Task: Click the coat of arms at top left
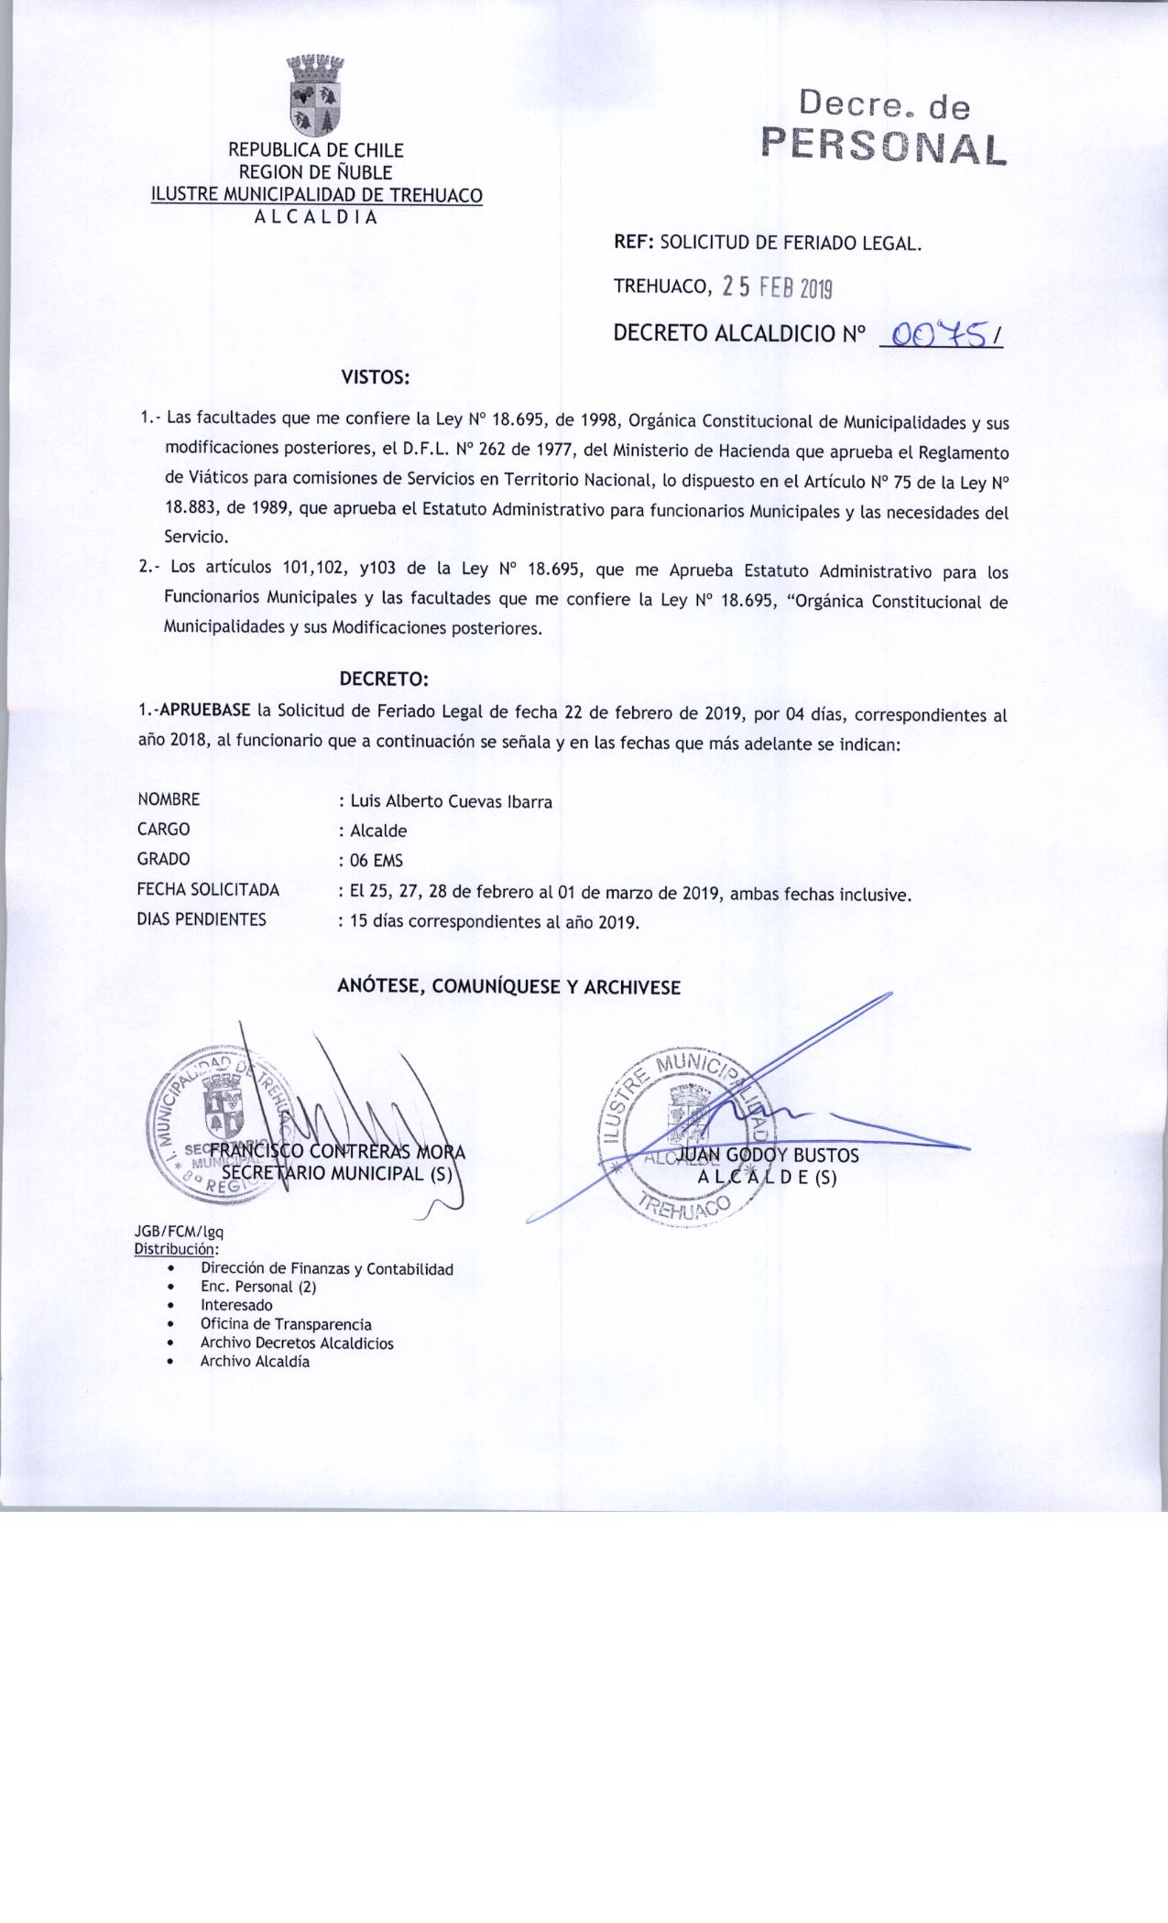(x=315, y=96)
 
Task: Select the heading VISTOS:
(x=375, y=376)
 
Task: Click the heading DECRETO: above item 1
(x=384, y=679)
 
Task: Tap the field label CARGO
(x=164, y=830)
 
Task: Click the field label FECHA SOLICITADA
(x=208, y=889)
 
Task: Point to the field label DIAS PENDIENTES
(x=202, y=919)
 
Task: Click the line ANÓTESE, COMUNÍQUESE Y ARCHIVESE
(x=509, y=987)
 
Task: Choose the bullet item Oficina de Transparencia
(x=286, y=1324)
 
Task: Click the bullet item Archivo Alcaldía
(x=255, y=1362)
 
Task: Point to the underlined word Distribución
(x=175, y=1248)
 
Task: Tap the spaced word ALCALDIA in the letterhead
(x=315, y=217)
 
